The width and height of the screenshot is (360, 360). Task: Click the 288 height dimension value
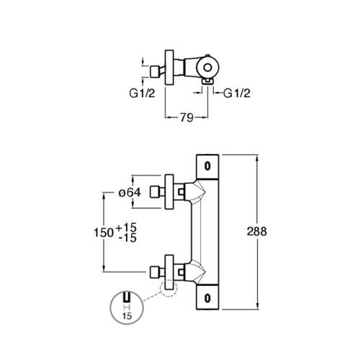(257, 232)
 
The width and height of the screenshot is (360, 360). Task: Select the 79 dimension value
(186, 117)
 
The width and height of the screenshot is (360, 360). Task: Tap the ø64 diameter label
(130, 192)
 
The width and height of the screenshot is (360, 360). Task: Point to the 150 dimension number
(104, 233)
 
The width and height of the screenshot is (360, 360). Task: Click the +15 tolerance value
(126, 228)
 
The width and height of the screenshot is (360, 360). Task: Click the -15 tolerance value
(127, 238)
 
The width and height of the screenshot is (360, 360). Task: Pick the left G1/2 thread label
(143, 93)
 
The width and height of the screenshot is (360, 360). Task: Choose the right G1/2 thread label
(237, 93)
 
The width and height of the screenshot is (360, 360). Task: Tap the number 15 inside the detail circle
(127, 316)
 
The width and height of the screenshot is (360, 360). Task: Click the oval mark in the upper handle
(207, 166)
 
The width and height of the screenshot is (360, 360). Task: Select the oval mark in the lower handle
(207, 298)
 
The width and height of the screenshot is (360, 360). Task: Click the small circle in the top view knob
(207, 68)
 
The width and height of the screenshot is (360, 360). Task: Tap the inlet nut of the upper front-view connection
(155, 192)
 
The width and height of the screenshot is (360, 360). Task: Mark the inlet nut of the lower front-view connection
(155, 272)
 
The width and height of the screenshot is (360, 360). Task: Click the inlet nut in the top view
(155, 72)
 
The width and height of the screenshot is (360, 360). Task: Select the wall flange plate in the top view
(169, 67)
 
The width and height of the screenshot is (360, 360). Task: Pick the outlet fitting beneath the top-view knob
(207, 81)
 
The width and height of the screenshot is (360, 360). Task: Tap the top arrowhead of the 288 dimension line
(257, 158)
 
